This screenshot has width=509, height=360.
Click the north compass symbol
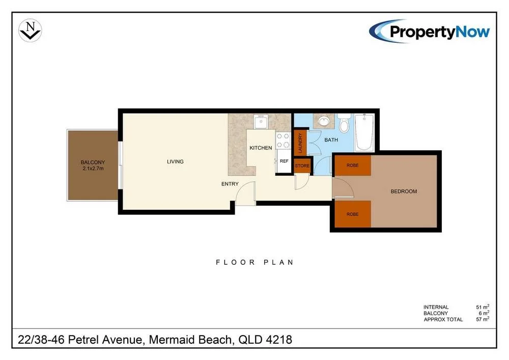coord(30,30)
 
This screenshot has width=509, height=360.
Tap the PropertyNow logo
coord(429,31)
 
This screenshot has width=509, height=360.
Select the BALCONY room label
coord(93,162)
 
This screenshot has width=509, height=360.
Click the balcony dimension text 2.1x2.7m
coord(93,169)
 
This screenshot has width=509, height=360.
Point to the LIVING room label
coord(175,161)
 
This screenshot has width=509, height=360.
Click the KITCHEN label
coord(261,148)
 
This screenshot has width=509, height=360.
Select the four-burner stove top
coord(282,141)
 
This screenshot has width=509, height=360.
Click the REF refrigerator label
coord(284,161)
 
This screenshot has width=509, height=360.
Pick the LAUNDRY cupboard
coord(300,143)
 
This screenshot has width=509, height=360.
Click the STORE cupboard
coord(302,165)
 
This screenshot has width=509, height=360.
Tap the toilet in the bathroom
coord(344,123)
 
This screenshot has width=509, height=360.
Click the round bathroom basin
coord(324,122)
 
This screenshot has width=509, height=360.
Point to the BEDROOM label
coord(404,191)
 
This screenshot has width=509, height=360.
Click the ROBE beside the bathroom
coord(353,165)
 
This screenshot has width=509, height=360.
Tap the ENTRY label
coord(230,184)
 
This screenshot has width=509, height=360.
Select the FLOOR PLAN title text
coord(255,262)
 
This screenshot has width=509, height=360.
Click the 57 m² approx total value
coord(483,319)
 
